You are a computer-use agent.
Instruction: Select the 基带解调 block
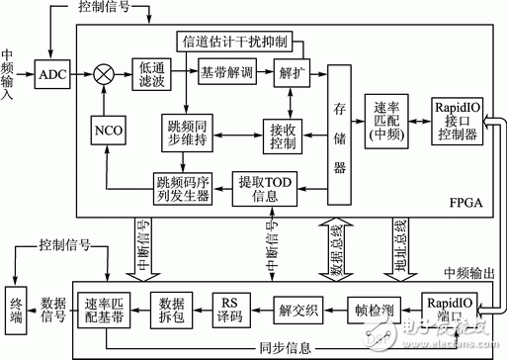point(227,73)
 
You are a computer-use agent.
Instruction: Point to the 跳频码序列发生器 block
point(182,187)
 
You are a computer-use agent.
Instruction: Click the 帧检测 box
point(375,310)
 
